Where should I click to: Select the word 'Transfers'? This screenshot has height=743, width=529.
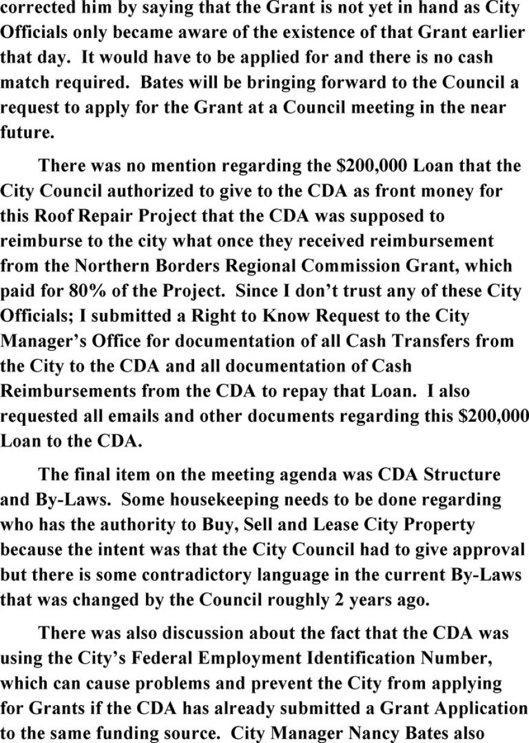coord(409,341)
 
